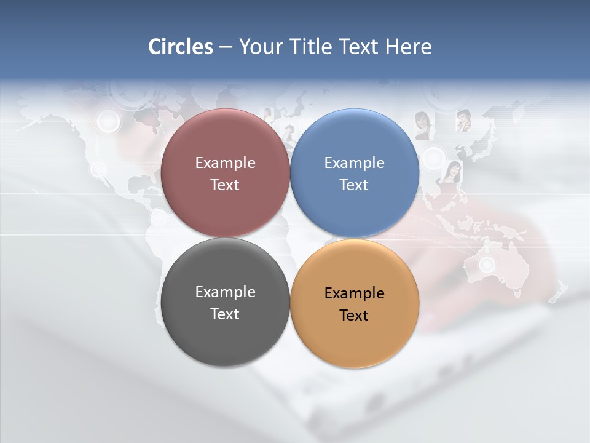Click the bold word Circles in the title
coord(180,47)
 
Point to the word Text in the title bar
coord(361,47)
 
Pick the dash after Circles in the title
coord(225,47)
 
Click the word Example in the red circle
coord(225,163)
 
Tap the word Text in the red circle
coord(225,185)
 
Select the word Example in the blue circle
coord(354,163)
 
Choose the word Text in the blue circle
coord(354,185)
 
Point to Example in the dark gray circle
coord(225,292)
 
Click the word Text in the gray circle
coord(225,314)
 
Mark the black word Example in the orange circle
coord(354,293)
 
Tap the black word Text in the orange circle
coord(354,316)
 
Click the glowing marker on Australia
coord(487,265)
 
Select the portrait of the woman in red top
coord(452,171)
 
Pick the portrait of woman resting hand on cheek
coord(462,120)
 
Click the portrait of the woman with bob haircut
coord(422,124)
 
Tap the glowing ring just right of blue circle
coord(435,158)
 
